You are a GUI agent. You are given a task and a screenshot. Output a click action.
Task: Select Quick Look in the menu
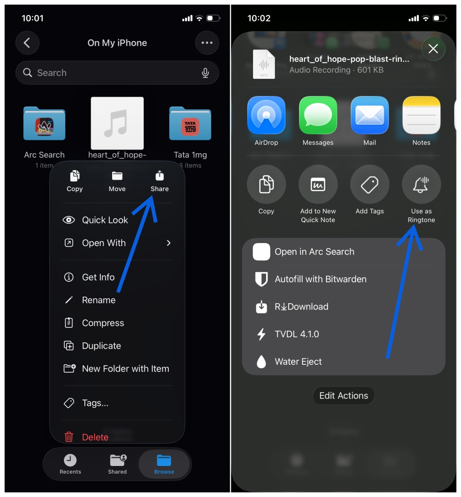(x=105, y=220)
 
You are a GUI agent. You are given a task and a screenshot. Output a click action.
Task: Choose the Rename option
(x=98, y=300)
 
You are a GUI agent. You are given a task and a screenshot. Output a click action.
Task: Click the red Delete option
(x=95, y=437)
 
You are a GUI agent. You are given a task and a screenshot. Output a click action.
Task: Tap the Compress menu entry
(x=103, y=323)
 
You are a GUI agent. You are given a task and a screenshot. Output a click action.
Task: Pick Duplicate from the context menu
(x=101, y=346)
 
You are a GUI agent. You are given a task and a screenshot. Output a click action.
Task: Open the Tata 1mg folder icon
(x=190, y=124)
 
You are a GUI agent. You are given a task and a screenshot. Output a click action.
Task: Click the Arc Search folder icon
(x=44, y=124)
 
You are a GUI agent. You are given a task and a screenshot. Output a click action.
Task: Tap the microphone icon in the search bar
(x=205, y=73)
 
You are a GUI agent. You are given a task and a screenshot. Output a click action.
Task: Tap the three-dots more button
(x=207, y=43)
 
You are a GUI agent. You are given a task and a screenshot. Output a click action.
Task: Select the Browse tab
(x=164, y=464)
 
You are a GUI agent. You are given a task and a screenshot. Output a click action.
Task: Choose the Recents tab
(x=70, y=464)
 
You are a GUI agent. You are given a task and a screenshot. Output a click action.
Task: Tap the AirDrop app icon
(x=266, y=115)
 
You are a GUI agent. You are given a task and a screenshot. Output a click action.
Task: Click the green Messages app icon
(x=318, y=115)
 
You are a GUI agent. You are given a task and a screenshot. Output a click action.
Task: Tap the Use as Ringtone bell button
(x=421, y=185)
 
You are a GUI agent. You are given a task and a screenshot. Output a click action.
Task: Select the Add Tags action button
(x=370, y=185)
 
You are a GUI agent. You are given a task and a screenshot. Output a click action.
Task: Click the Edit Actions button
(x=343, y=396)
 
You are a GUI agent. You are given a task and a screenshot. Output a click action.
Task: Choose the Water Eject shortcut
(x=298, y=362)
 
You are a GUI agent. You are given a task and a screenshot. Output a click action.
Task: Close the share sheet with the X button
(x=433, y=49)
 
